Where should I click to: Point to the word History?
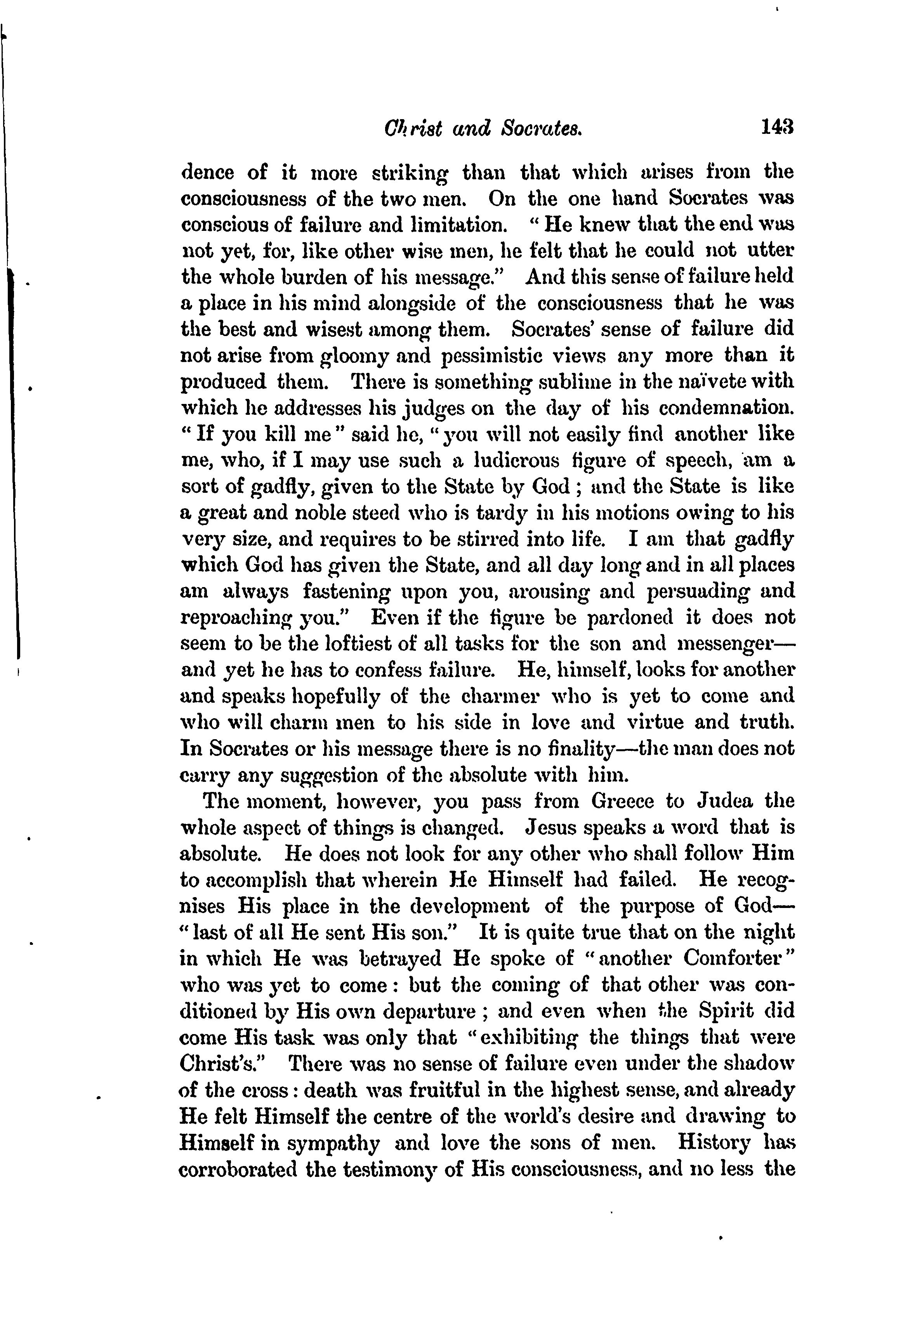pyautogui.click(x=714, y=1142)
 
